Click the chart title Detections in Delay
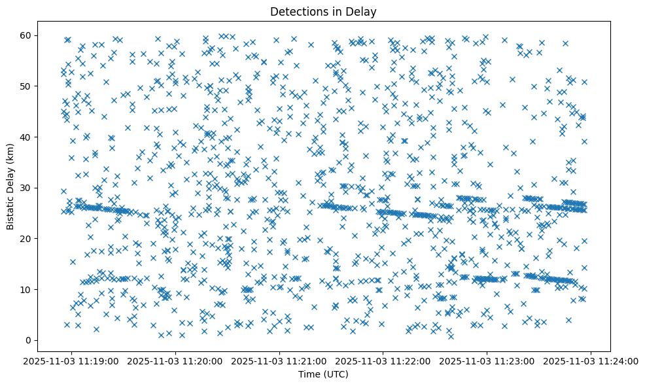[x=323, y=11]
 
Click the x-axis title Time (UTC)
[x=323, y=374]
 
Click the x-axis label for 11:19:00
[x=72, y=360]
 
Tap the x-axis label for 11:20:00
[x=176, y=360]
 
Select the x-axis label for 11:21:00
[x=280, y=360]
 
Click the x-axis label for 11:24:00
[x=591, y=360]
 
